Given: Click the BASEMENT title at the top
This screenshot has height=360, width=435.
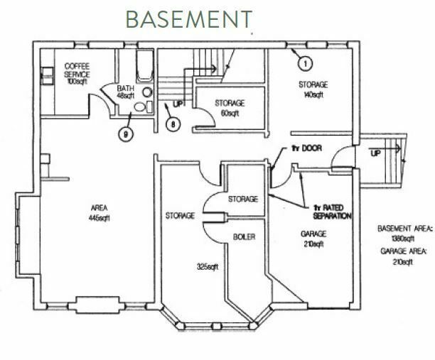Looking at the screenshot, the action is tap(189, 19).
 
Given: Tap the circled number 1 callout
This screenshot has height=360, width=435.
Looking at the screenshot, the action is tap(305, 64).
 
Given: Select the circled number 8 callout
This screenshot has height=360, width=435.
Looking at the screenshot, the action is tap(173, 124).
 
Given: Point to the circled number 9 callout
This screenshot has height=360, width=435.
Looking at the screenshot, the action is tap(126, 135).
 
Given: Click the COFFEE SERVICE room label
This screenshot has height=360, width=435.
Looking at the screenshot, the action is tap(77, 71).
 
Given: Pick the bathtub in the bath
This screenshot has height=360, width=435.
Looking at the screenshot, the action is tap(145, 66).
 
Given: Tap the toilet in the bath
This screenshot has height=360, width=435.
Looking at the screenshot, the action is tap(143, 107).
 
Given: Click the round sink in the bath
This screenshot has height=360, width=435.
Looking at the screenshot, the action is tap(148, 92).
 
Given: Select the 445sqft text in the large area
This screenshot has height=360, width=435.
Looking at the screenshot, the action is tap(99, 219).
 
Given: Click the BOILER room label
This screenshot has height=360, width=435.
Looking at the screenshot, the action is tap(244, 237).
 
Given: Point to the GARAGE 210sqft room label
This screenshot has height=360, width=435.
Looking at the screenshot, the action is tap(313, 239).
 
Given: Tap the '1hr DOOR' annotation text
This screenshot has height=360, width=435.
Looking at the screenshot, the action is tap(306, 148).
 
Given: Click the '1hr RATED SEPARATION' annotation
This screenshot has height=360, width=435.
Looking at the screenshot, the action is tap(332, 212).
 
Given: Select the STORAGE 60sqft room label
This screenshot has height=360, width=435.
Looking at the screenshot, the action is tap(230, 109).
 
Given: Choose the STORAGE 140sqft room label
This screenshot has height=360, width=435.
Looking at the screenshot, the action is tap(313, 89).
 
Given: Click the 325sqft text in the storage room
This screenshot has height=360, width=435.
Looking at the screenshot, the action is tap(208, 267).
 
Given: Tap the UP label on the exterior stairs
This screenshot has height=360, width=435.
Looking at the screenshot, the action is tap(375, 153).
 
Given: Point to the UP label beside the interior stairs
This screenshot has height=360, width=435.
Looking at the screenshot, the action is tap(178, 104).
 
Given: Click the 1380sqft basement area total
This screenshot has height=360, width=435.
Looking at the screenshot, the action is tap(403, 239).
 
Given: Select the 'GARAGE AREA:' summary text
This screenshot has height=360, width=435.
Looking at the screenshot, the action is tap(404, 251).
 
